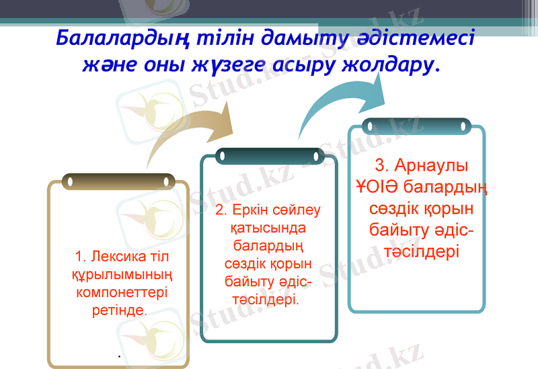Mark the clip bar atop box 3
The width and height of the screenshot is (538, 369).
pyautogui.click(x=416, y=126)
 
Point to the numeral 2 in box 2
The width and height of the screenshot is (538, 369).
pyautogui.click(x=220, y=211)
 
